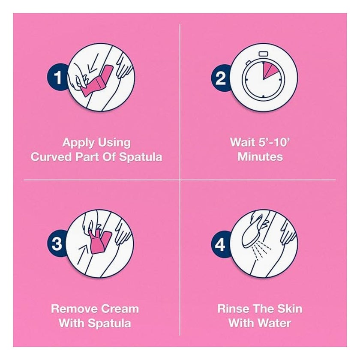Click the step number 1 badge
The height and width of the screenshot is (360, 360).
click(x=57, y=77)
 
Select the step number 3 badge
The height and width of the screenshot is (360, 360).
click(x=57, y=244)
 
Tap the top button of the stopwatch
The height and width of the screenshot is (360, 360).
click(x=263, y=54)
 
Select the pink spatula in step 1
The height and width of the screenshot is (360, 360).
click(x=96, y=81)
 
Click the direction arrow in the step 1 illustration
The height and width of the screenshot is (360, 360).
click(x=92, y=63)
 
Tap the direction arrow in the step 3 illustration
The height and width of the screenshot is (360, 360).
click(x=83, y=254)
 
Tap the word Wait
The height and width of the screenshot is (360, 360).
click(x=243, y=142)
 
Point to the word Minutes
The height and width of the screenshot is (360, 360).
click(x=260, y=157)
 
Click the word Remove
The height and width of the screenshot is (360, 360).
click(x=74, y=309)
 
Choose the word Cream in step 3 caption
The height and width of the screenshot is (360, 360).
click(x=120, y=309)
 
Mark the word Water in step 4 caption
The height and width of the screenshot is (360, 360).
click(x=275, y=323)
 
